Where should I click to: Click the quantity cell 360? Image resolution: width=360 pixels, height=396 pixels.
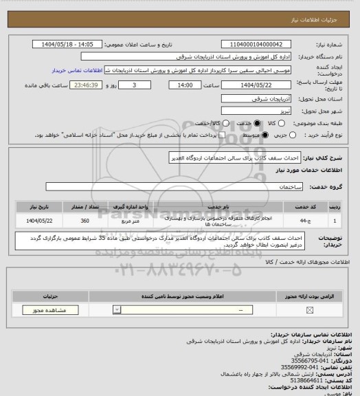(85, 221)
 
